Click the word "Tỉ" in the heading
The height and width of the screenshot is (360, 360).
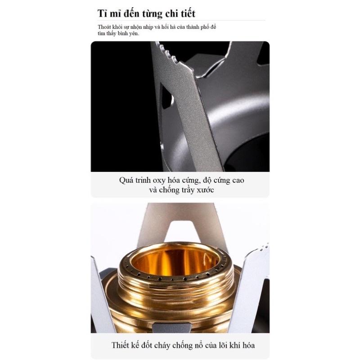(x=102, y=13)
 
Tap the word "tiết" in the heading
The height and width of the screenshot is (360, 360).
(x=187, y=13)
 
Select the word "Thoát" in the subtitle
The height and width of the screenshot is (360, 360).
(x=103, y=27)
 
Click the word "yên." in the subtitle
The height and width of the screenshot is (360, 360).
(x=134, y=33)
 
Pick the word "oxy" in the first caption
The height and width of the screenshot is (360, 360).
(x=159, y=181)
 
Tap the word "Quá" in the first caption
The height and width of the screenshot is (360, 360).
(x=126, y=180)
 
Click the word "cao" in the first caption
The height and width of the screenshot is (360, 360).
(x=238, y=180)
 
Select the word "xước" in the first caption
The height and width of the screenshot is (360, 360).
(x=205, y=190)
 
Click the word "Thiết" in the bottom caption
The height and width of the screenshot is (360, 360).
(x=119, y=345)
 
